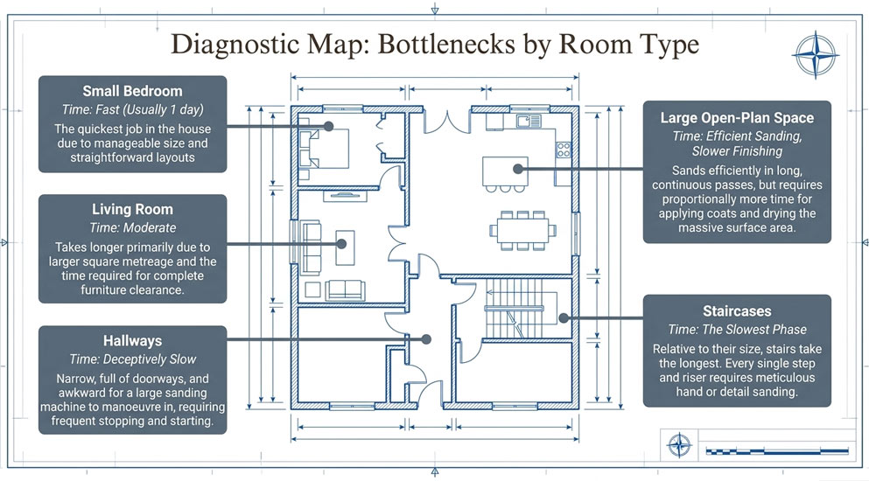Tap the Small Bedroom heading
(x=132, y=91)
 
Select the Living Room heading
(x=132, y=210)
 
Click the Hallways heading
(x=132, y=341)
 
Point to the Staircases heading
(x=737, y=310)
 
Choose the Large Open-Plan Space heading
(x=737, y=118)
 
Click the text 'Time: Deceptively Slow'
(x=132, y=359)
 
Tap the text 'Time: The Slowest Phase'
(x=737, y=330)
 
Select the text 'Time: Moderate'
(x=132, y=227)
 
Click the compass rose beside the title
(x=815, y=55)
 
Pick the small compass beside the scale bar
(x=679, y=445)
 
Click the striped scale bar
(x=777, y=451)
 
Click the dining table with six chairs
(x=522, y=231)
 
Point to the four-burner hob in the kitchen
(x=563, y=150)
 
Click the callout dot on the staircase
(x=564, y=318)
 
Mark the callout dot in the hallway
(x=426, y=339)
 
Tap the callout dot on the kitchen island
(x=517, y=169)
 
